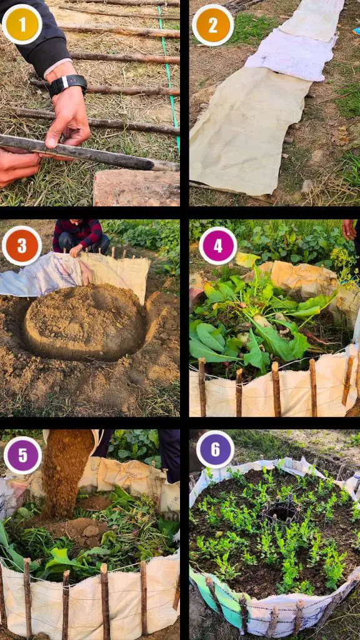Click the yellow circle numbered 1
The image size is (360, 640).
(22, 24)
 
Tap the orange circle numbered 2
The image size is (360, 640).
(212, 25)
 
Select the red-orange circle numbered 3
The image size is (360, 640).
(22, 246)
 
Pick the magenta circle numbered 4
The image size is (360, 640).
(218, 246)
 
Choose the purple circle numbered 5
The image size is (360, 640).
(23, 456)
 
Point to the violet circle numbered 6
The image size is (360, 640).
(215, 449)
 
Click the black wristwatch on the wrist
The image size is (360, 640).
(67, 84)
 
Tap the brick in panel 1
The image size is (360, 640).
(136, 188)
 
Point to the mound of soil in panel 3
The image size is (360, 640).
(85, 322)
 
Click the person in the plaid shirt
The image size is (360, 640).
(81, 237)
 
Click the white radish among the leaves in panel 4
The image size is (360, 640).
(261, 321)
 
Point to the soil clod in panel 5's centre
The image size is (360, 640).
(91, 531)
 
